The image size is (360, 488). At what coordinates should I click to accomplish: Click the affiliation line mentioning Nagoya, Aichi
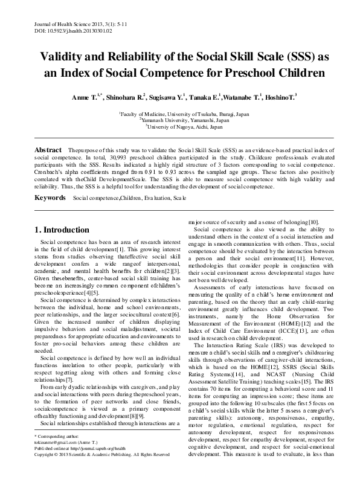point(179,126)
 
